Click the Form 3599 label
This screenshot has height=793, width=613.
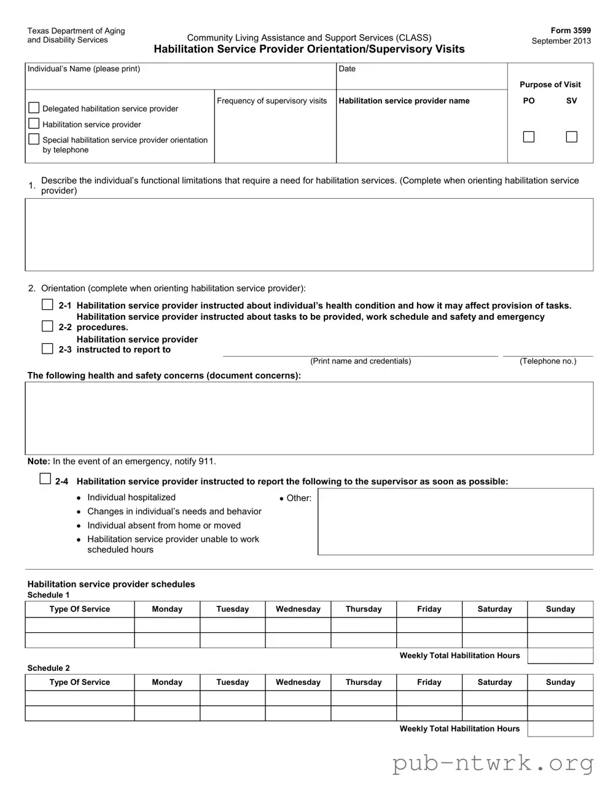click(x=571, y=30)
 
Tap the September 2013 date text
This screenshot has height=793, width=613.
click(x=561, y=41)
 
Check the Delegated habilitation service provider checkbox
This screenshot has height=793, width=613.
click(x=34, y=108)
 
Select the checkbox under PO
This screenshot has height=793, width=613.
click(x=528, y=137)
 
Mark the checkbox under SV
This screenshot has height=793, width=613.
click(x=571, y=137)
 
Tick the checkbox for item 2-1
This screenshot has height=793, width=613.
click(x=47, y=304)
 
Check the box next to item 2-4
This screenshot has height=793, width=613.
click(x=45, y=479)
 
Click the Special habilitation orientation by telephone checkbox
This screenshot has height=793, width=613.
click(x=34, y=139)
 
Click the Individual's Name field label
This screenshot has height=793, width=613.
click(x=84, y=69)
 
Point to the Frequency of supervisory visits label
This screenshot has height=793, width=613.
click(x=271, y=101)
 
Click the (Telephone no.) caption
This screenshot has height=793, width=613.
click(x=548, y=361)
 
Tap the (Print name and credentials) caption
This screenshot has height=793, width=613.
click(x=361, y=361)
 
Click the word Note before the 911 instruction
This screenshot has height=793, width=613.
click(x=38, y=462)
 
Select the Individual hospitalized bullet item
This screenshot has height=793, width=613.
click(x=131, y=498)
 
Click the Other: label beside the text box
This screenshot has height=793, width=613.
click(x=299, y=498)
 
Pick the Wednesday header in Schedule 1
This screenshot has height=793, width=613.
click(x=298, y=609)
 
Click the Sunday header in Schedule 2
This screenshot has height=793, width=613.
click(x=560, y=682)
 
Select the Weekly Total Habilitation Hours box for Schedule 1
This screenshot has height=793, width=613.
click(x=560, y=656)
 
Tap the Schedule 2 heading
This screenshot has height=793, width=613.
click(x=49, y=668)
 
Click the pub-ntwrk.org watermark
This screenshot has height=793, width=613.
click(x=493, y=763)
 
